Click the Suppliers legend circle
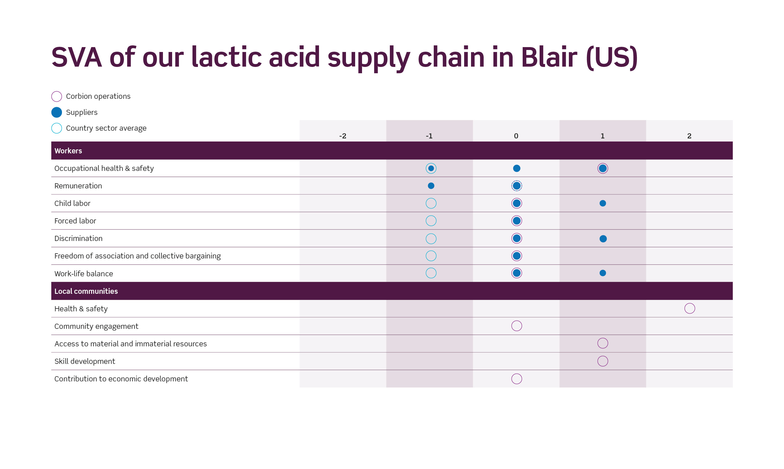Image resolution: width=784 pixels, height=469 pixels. click(x=57, y=112)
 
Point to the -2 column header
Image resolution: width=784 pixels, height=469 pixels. click(x=343, y=136)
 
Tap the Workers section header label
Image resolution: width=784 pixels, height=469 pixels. click(x=68, y=151)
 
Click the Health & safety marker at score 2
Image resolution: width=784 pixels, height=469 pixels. click(x=690, y=303)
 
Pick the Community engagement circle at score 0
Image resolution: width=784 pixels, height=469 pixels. click(x=517, y=321)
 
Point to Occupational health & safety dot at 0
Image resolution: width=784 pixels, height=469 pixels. click(x=517, y=169)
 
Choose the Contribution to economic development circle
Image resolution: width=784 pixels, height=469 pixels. click(x=517, y=374)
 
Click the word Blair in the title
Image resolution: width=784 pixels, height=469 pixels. click(x=549, y=57)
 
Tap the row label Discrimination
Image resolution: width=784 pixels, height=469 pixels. click(x=78, y=238)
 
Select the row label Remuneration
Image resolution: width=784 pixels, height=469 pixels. click(x=78, y=186)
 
